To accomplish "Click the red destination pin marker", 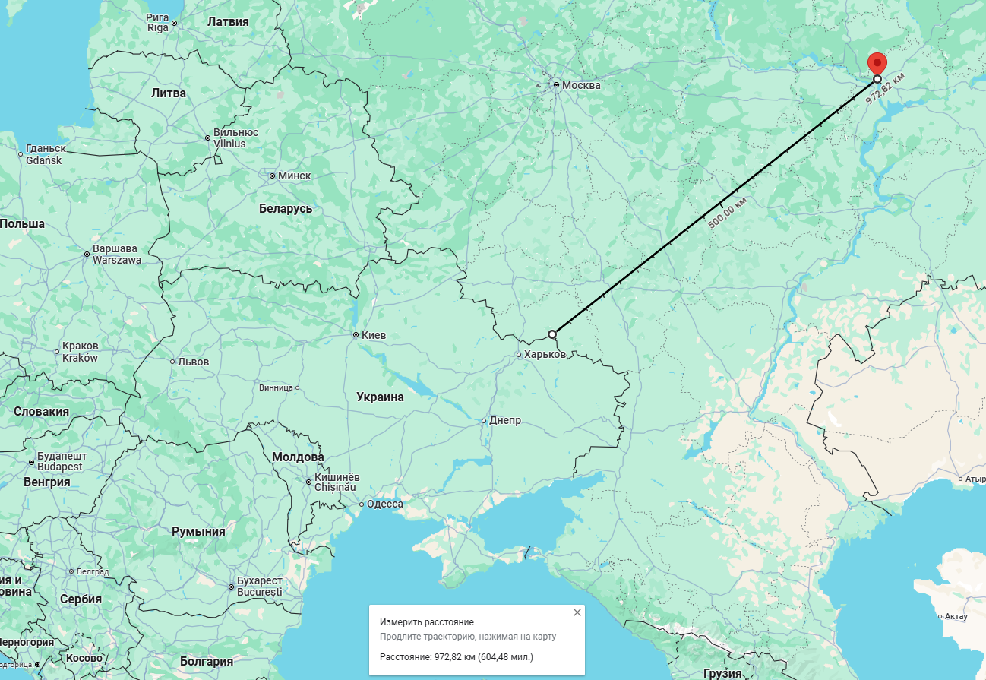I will (x=877, y=62).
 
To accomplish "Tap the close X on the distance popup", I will (x=577, y=612).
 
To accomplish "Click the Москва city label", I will (x=581, y=85).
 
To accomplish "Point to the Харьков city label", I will (x=545, y=355).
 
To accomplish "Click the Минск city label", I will (x=294, y=176).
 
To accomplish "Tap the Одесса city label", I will (x=385, y=504).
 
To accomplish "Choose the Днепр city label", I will (x=505, y=421).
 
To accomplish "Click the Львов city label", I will (x=193, y=362).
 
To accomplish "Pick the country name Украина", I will (x=381, y=397).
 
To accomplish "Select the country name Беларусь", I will (x=286, y=208).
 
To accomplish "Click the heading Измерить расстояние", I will (x=427, y=622).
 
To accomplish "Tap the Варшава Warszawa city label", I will (x=116, y=254).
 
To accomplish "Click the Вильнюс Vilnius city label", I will (x=235, y=138).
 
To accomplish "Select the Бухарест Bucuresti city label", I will (x=260, y=587).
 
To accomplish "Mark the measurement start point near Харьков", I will (x=552, y=334).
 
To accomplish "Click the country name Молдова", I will (x=298, y=457).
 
